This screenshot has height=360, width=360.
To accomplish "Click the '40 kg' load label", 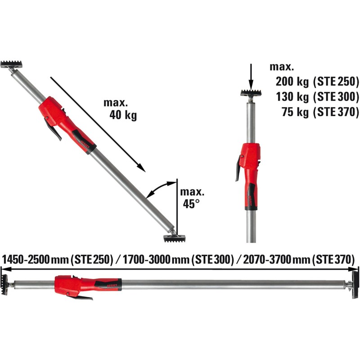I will click(123, 115).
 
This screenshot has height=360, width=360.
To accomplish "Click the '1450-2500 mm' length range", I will click(34, 260).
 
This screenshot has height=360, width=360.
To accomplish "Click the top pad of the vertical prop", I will click(251, 94).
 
